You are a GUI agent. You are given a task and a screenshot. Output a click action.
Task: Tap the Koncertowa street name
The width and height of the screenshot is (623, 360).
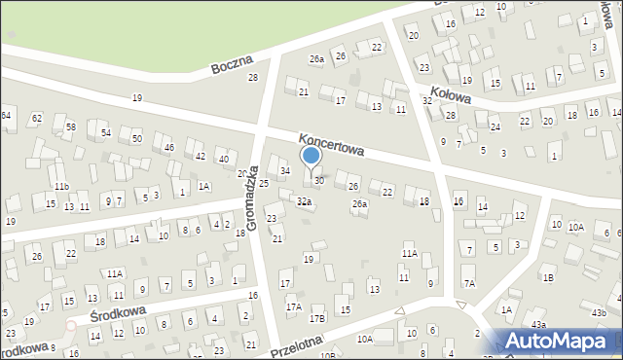click(x=331, y=145)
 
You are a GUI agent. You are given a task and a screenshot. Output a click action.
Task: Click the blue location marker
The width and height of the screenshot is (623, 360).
click(x=311, y=156)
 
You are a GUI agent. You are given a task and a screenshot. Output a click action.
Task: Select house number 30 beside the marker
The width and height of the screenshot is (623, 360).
click(x=318, y=182)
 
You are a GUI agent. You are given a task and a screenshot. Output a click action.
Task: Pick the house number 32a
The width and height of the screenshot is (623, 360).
click(x=304, y=201)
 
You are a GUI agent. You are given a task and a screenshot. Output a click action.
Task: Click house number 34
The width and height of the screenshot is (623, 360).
click(x=284, y=171)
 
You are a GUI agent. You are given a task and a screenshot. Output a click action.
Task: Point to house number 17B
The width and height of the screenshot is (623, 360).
click(x=316, y=318)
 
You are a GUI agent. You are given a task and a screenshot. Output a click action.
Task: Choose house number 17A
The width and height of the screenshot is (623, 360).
click(x=293, y=306)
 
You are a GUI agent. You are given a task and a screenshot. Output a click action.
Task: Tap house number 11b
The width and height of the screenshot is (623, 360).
click(x=61, y=186)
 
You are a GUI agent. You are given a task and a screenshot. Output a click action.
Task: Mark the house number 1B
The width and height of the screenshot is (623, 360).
click(x=547, y=277)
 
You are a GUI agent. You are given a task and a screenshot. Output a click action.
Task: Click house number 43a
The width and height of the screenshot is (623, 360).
click(x=538, y=324)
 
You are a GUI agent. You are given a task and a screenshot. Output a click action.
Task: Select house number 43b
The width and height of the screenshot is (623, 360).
click(x=598, y=312)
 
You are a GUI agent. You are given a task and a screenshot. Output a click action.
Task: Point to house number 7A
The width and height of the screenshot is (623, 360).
click(x=468, y=283)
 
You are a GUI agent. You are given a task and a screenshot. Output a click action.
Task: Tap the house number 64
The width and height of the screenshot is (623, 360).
click(x=6, y=116)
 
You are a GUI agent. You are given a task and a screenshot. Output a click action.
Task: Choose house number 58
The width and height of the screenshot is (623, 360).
click(x=70, y=128)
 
